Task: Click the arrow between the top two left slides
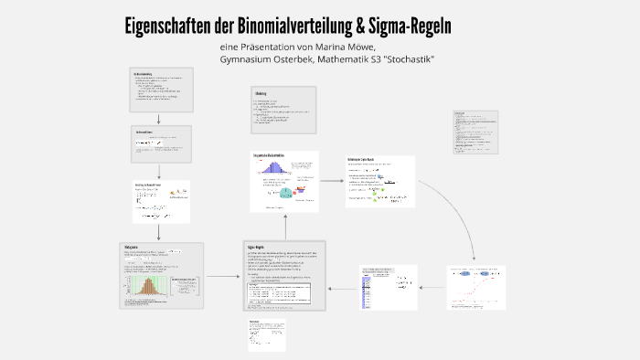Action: coord(159,119)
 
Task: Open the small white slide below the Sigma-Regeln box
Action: coord(265,334)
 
